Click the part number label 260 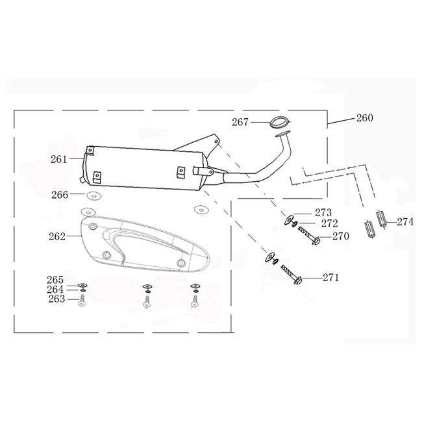point(364,118)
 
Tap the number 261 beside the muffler point(59,159)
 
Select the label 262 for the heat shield point(57,237)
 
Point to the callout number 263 point(56,299)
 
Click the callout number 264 point(56,290)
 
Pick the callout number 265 point(56,280)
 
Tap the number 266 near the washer point(60,194)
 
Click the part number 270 point(340,237)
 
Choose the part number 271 point(331,278)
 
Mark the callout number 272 point(329,223)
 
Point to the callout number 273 point(323,212)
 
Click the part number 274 point(404,221)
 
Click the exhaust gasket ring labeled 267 point(279,121)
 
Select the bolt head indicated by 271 point(297,280)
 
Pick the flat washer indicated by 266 point(93,195)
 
